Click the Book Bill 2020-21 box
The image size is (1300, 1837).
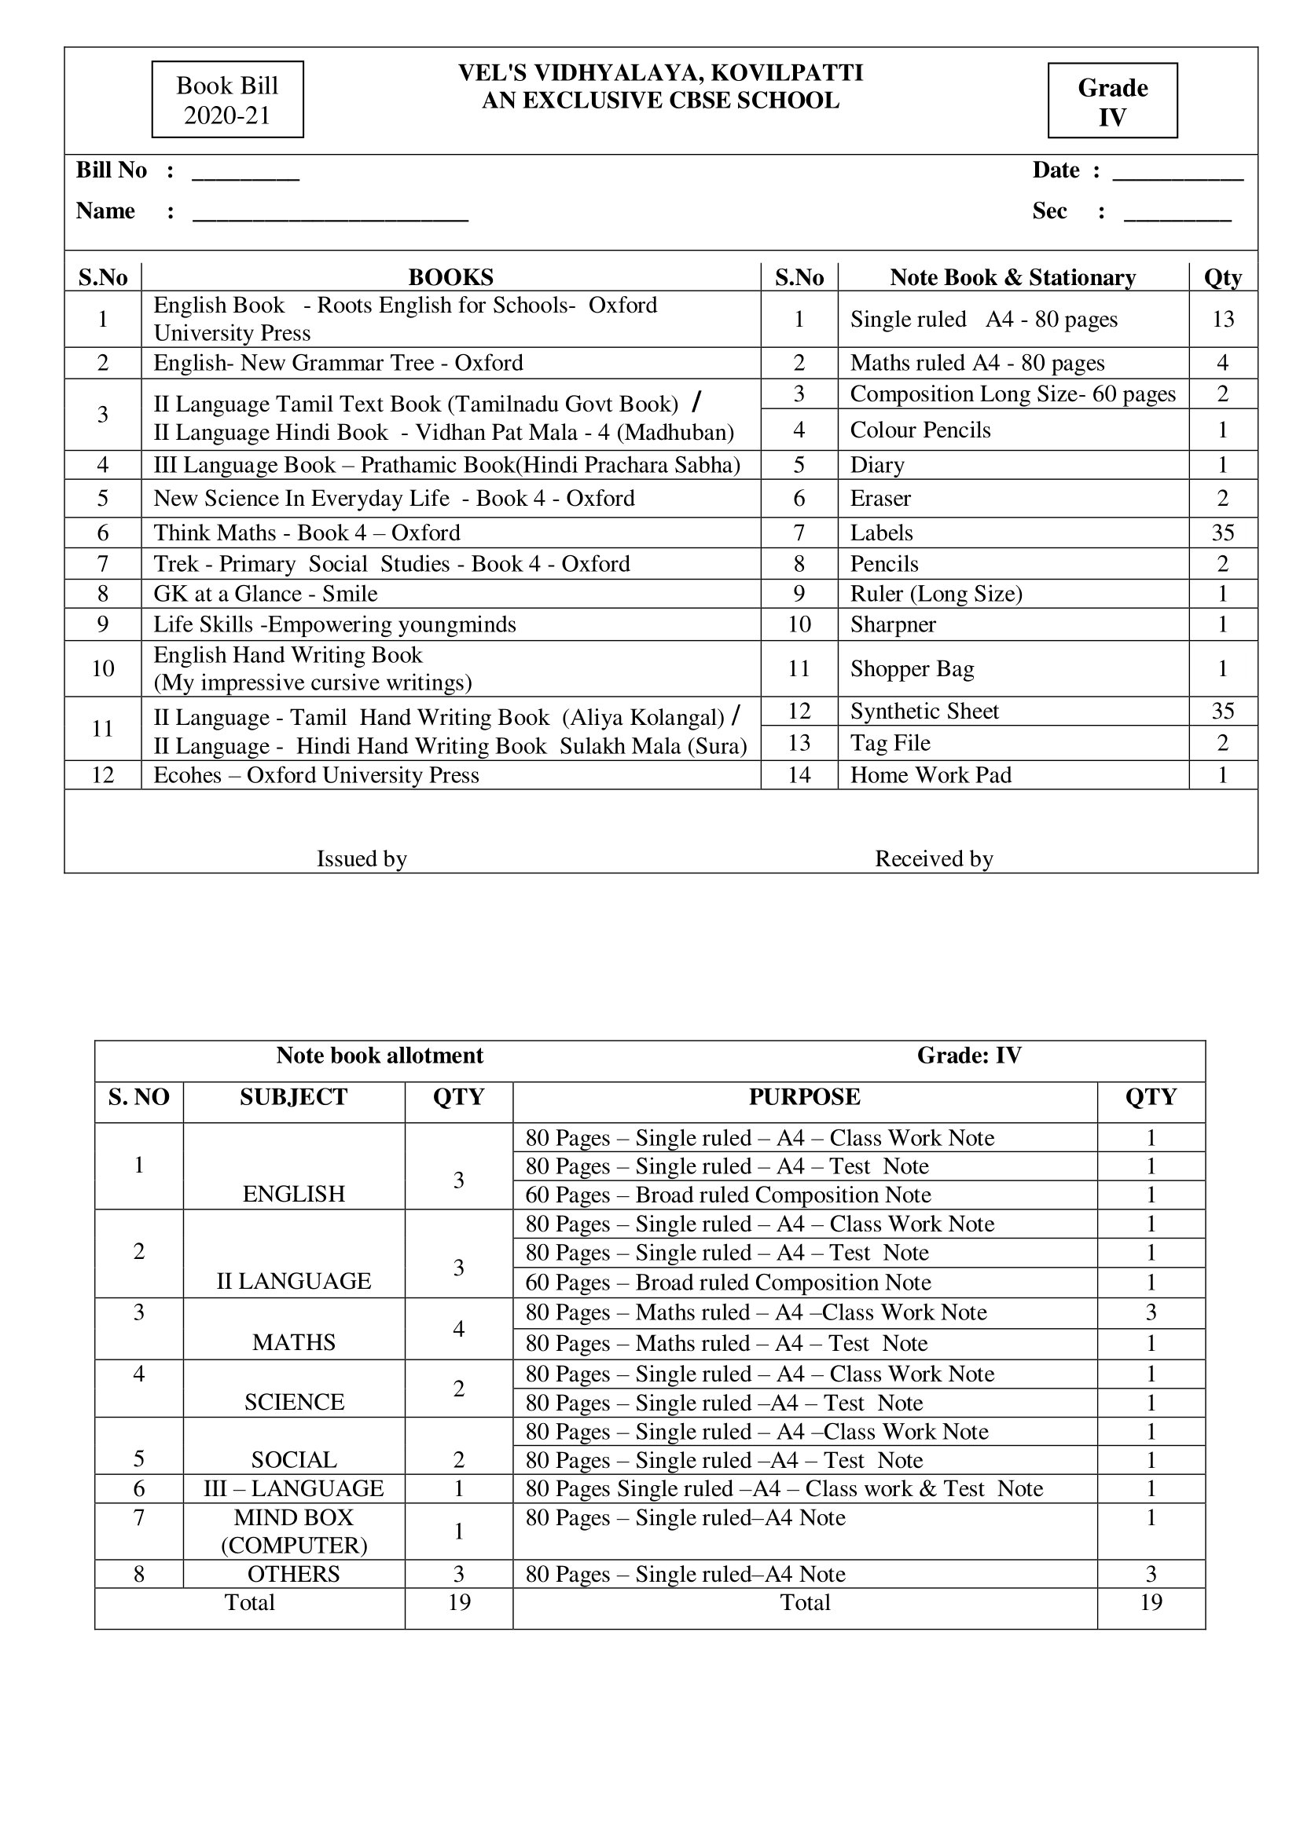tap(227, 100)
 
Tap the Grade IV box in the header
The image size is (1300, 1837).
tap(1112, 101)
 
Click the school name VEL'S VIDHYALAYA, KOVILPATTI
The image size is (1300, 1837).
tap(660, 73)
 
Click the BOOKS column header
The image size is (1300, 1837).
tap(450, 276)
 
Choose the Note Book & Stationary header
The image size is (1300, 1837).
tap(1012, 276)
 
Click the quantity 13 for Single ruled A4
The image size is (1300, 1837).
tap(1222, 319)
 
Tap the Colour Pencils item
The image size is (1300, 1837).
tap(920, 430)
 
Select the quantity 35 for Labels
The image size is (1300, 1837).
tap(1222, 532)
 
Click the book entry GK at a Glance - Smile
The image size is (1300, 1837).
tap(265, 594)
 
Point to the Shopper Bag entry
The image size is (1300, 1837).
tap(912, 669)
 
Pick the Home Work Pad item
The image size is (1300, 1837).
tap(930, 775)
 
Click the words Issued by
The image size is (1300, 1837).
tap(362, 858)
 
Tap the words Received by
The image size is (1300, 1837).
tap(934, 858)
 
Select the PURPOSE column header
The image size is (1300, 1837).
tap(805, 1096)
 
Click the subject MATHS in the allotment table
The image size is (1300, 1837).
tap(294, 1341)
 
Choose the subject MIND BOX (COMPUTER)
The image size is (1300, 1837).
tap(294, 1531)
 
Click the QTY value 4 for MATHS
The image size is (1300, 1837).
tap(459, 1328)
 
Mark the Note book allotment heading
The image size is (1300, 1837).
tap(380, 1056)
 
